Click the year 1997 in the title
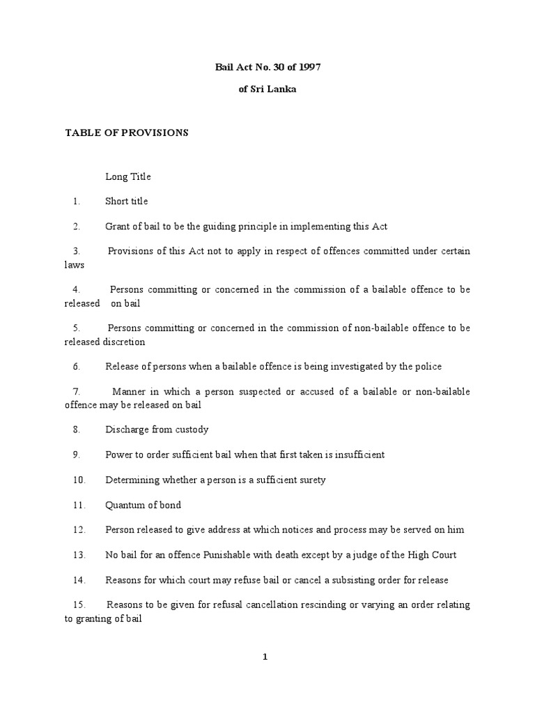pos(311,68)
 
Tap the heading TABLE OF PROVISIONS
pos(127,132)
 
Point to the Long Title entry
pos(128,176)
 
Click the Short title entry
pos(126,202)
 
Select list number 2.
pos(77,227)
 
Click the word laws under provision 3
pos(75,265)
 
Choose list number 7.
pos(77,392)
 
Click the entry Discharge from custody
pos(157,430)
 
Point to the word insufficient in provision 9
pos(358,455)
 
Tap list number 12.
pos(79,530)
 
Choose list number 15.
pos(79,605)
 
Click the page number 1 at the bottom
pos(265,657)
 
